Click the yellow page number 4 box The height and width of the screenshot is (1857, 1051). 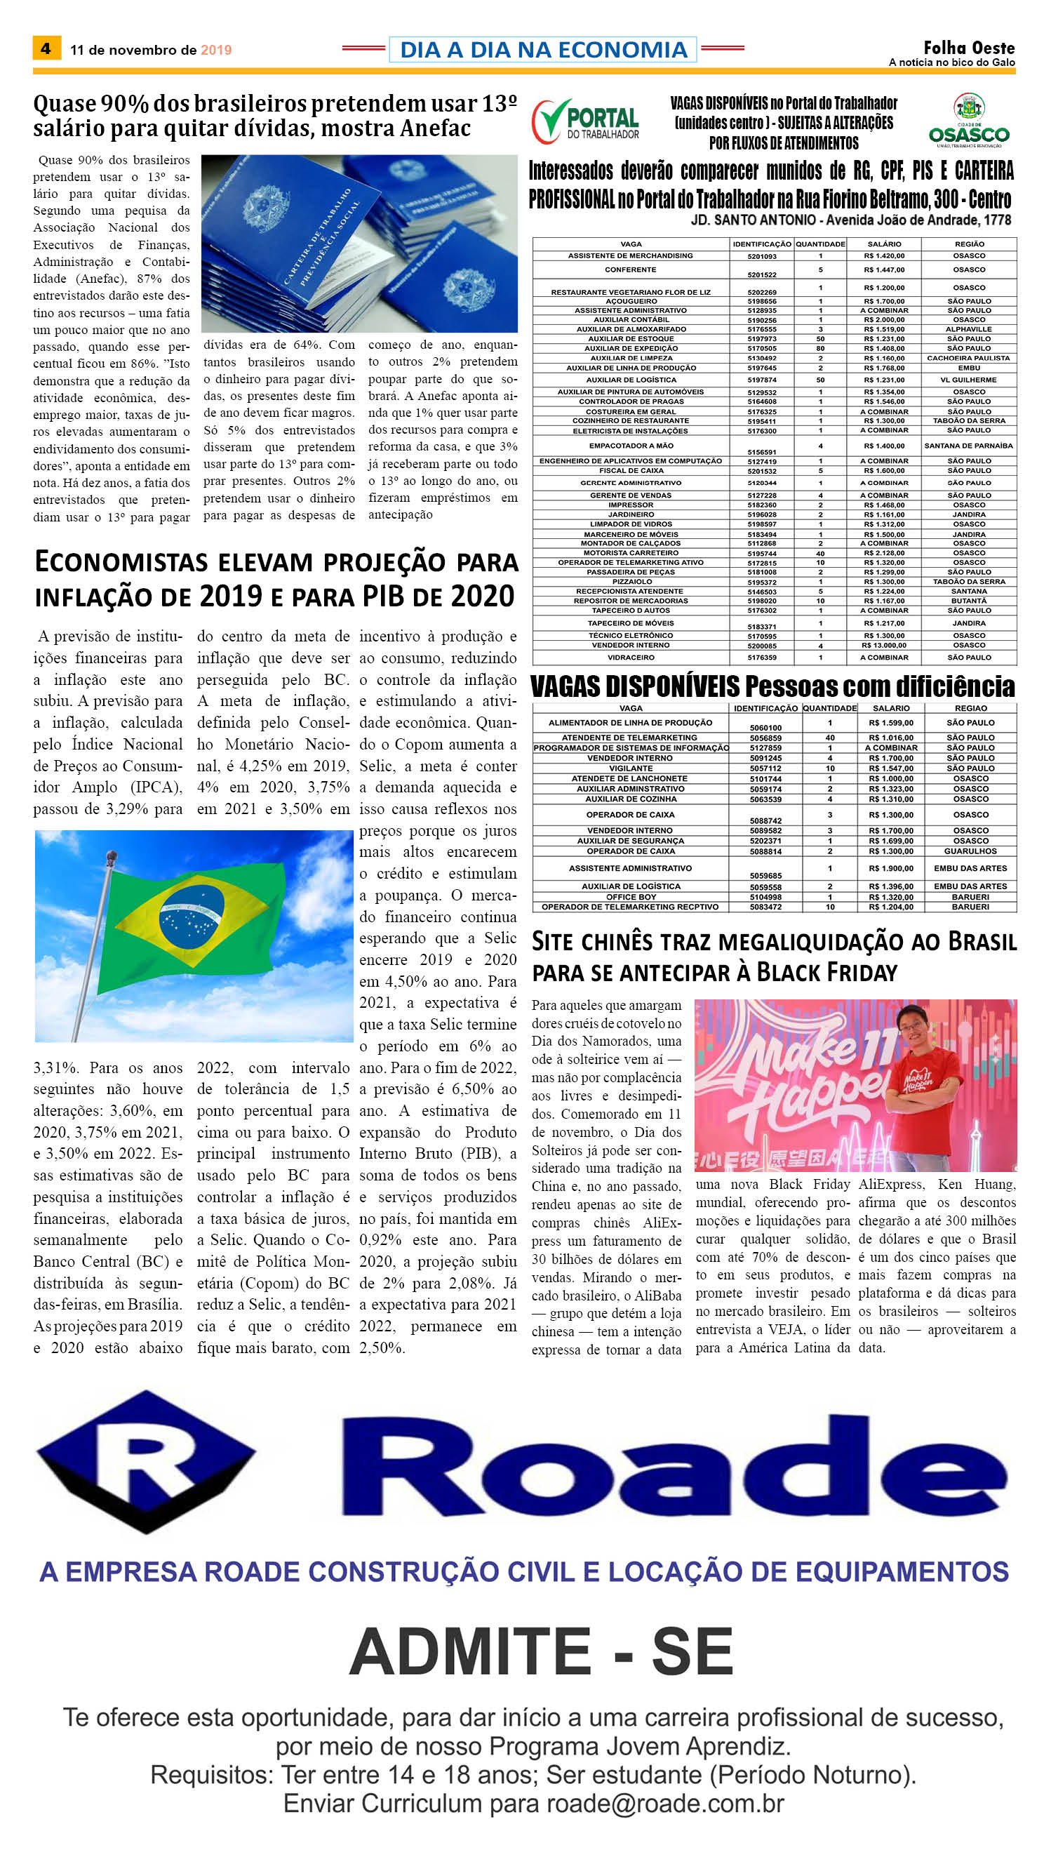tap(46, 48)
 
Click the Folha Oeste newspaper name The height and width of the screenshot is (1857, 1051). tap(969, 48)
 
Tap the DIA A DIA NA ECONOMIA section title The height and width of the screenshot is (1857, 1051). tap(543, 49)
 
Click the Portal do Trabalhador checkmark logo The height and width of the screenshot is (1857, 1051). tap(551, 121)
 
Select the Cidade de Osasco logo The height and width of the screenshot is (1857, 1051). tap(969, 120)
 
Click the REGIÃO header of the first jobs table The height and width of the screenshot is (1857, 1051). tap(969, 244)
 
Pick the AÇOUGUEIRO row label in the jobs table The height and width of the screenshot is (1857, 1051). tap(631, 301)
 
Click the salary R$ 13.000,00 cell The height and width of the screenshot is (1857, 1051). tap(883, 645)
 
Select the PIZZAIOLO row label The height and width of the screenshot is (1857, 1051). tap(631, 581)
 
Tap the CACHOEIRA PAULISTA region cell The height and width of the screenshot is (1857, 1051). tap(968, 358)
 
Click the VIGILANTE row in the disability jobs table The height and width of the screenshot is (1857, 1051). tap(630, 768)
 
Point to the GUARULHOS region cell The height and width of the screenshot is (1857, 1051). tap(970, 851)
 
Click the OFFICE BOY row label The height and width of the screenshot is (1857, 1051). tap(631, 897)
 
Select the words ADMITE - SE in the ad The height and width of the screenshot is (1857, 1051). tap(541, 1652)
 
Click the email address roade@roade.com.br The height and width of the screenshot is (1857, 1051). tap(664, 1804)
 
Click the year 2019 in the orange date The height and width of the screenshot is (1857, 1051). tap(216, 50)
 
